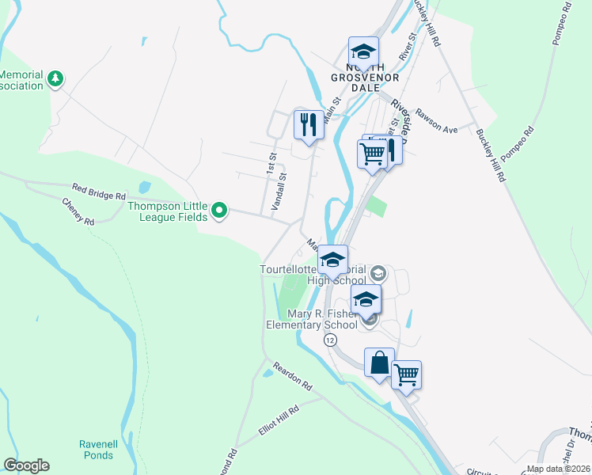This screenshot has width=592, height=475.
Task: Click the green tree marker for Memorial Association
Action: [x=55, y=78]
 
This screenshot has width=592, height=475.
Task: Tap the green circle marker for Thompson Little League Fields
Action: [x=221, y=211]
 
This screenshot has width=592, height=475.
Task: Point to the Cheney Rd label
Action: [x=78, y=211]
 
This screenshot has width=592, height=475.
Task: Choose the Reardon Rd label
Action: [x=292, y=376]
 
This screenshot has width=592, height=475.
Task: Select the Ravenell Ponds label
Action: [x=99, y=449]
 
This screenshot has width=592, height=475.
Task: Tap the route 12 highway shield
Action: [x=329, y=339]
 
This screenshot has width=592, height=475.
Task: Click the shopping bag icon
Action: [x=379, y=363]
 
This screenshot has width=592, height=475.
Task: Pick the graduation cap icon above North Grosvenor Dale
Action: [x=363, y=51]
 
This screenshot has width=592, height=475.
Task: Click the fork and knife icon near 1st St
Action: [x=307, y=123]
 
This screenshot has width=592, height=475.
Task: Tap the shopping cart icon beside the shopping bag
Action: [x=406, y=374]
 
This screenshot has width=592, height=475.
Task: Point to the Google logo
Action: [x=26, y=465]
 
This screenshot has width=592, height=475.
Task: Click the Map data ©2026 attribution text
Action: [x=557, y=469]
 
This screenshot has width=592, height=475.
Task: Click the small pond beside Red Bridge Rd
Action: [x=144, y=188]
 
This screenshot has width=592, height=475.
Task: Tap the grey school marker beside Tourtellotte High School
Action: [x=378, y=274]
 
